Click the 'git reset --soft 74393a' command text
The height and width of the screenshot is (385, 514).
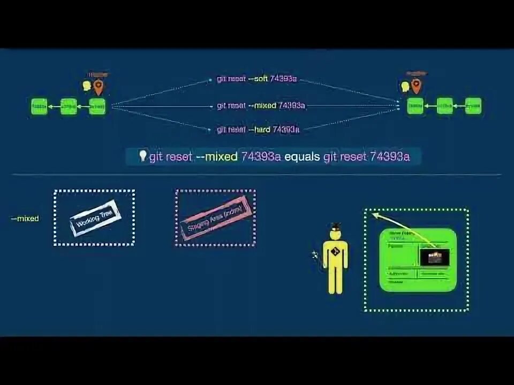[256, 79]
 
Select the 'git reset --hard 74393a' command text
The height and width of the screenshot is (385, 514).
[258, 129]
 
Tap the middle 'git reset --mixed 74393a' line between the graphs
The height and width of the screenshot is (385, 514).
[261, 105]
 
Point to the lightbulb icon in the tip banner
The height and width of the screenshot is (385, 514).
[142, 156]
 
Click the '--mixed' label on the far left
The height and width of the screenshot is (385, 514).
[25, 219]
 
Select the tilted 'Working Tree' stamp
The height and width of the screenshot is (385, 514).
[95, 218]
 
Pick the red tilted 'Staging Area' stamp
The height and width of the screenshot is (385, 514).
[215, 218]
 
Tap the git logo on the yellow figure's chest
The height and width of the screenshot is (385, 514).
[335, 252]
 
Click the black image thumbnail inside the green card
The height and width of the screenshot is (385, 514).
[434, 257]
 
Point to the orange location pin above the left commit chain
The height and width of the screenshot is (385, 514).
[98, 86]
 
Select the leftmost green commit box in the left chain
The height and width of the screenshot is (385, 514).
[39, 106]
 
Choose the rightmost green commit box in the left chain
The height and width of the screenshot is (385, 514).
[97, 106]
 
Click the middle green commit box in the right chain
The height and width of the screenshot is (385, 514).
[444, 106]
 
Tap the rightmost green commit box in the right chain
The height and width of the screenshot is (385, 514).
[473, 106]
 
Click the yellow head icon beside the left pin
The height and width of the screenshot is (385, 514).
[87, 86]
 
